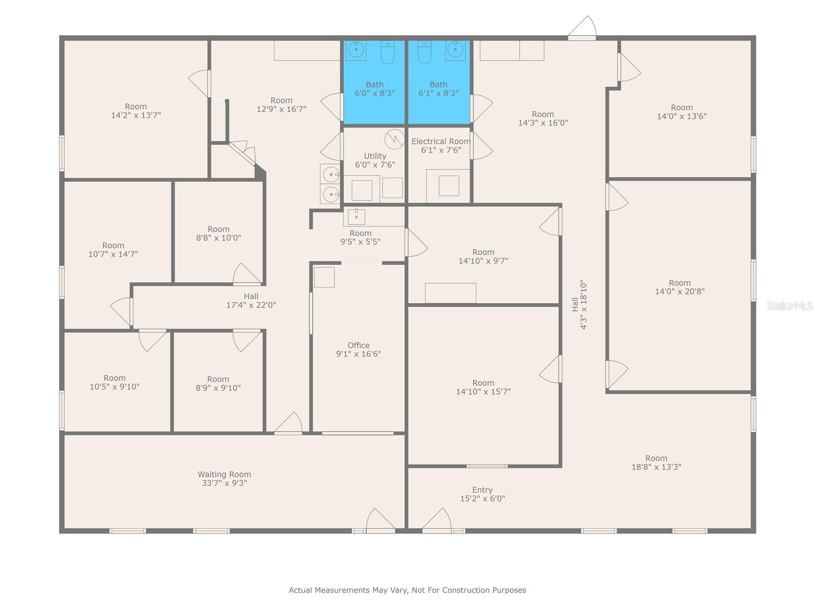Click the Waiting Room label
224,474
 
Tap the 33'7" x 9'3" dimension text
224,483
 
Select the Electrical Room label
441,142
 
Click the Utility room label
375,156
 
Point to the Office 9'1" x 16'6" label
359,350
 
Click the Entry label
482,490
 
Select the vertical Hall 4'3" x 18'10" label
579,304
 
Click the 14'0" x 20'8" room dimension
680,292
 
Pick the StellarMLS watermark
790,305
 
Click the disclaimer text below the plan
407,590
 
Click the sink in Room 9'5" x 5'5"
357,216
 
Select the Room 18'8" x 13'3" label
656,462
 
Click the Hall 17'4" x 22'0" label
251,301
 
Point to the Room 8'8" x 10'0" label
219,233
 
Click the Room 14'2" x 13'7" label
136,111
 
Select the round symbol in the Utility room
394,138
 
